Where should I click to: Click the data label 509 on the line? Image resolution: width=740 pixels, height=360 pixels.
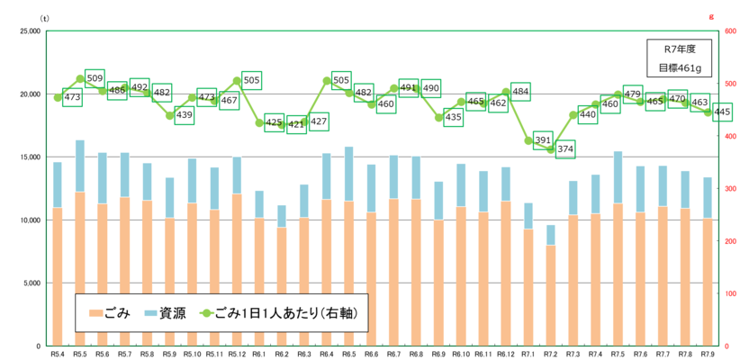tap(95, 78)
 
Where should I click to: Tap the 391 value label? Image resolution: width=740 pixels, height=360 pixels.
tap(542, 139)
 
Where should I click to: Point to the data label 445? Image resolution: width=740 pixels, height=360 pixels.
tap(721, 112)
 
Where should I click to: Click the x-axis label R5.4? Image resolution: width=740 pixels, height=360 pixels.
tap(58, 355)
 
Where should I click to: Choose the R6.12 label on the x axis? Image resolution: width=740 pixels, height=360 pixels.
tap(505, 355)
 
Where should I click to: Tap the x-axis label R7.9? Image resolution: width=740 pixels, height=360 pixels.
tap(707, 355)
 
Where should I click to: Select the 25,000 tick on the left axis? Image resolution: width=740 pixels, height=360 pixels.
tap(27, 31)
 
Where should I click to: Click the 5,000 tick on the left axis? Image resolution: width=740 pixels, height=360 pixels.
tap(29, 283)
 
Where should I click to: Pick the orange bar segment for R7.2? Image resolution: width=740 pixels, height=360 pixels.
tap(550, 295)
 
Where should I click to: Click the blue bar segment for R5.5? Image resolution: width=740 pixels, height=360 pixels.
tap(80, 166)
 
